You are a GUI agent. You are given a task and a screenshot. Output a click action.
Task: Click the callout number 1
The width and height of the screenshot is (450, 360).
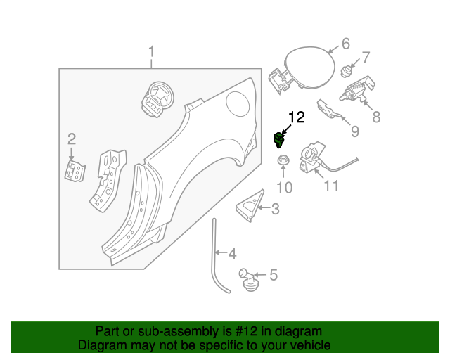[151, 52]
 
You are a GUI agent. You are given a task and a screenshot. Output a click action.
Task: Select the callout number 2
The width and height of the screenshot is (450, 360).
[71, 138]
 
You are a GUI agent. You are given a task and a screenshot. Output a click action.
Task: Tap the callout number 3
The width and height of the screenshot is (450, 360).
[275, 208]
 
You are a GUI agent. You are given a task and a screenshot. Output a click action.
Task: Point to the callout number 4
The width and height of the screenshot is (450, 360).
[232, 253]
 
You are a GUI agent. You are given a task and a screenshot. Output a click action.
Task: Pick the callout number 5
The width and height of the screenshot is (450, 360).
[274, 275]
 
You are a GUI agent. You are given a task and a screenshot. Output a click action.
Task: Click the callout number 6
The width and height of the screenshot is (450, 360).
[345, 44]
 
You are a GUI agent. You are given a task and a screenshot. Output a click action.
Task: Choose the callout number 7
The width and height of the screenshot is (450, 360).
[366, 58]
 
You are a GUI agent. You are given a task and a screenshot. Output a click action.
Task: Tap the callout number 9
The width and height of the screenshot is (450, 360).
[355, 131]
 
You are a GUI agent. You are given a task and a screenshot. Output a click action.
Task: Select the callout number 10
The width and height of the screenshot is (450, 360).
[283, 187]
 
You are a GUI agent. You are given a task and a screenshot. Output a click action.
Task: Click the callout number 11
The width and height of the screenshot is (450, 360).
[331, 186]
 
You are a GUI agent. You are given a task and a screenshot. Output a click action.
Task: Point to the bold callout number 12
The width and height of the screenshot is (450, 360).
[297, 117]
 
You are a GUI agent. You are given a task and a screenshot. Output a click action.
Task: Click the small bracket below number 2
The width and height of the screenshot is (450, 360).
[72, 169]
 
